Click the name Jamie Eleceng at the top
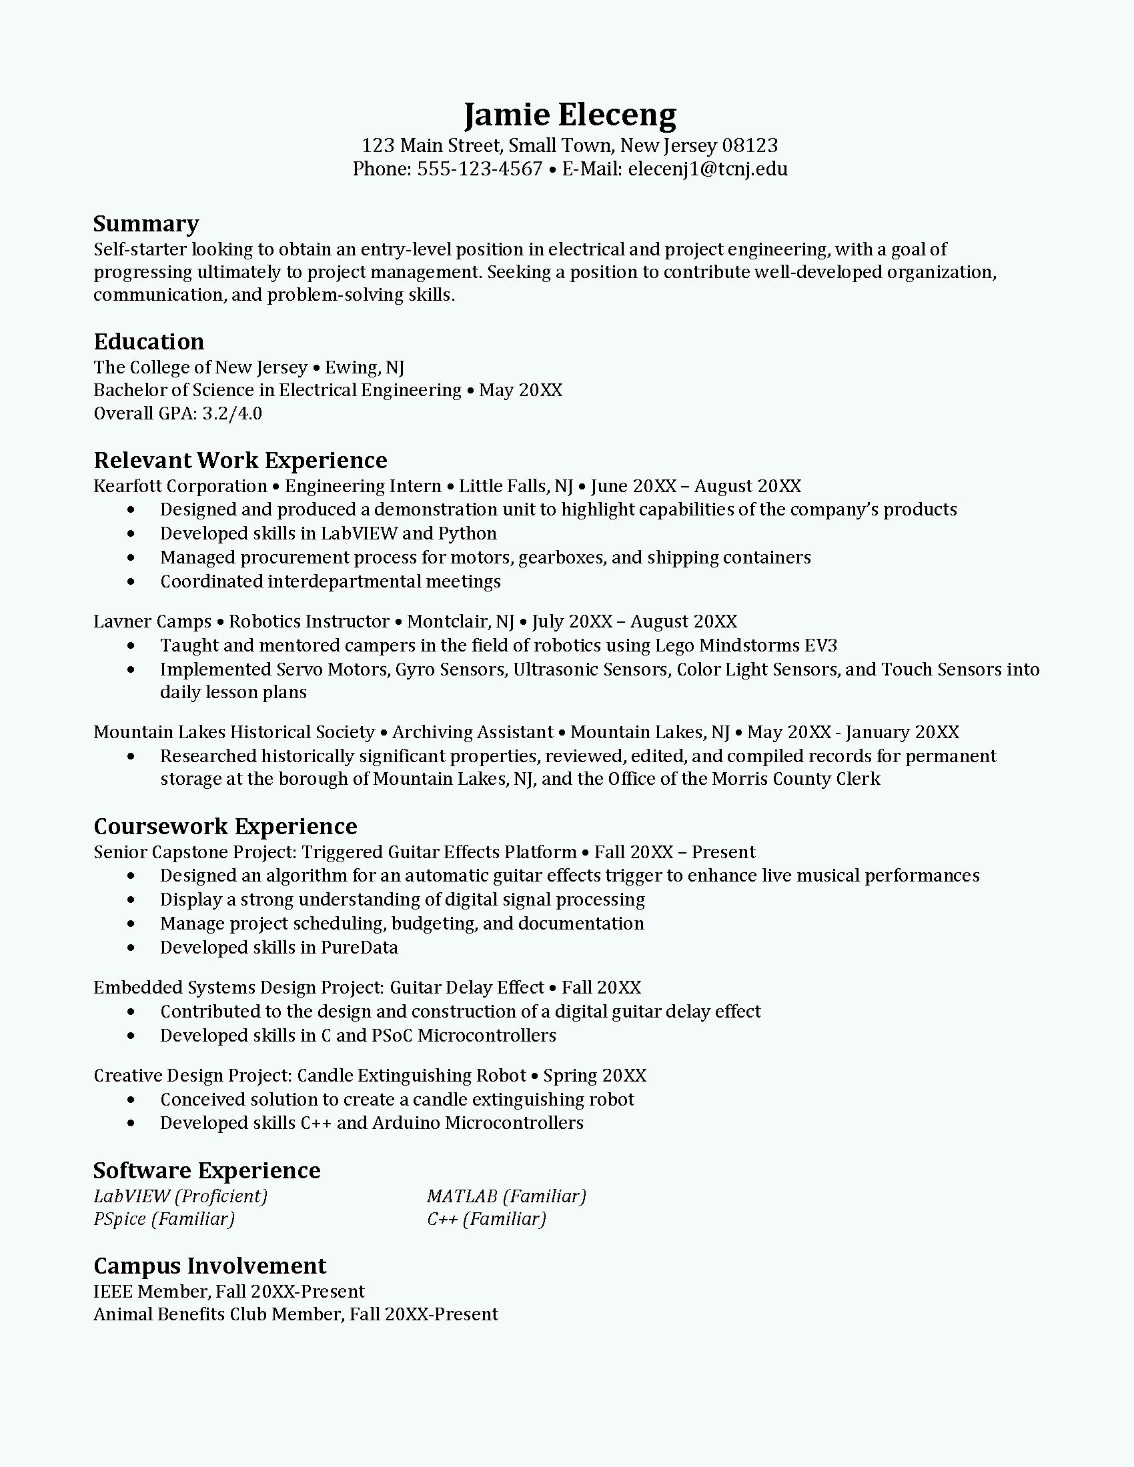tap(570, 115)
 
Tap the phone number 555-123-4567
tap(479, 169)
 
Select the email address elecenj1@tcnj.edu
tap(707, 169)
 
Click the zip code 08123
tap(750, 145)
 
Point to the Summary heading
tap(146, 223)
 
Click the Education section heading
tap(149, 341)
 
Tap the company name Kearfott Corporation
tap(180, 485)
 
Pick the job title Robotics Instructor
tap(309, 621)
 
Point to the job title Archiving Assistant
tap(473, 731)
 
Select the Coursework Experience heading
tap(225, 826)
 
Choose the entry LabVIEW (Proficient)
tap(180, 1196)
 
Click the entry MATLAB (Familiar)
tap(506, 1196)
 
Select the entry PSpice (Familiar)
tap(164, 1218)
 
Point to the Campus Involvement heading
tap(209, 1266)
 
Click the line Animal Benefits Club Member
tap(218, 1314)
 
